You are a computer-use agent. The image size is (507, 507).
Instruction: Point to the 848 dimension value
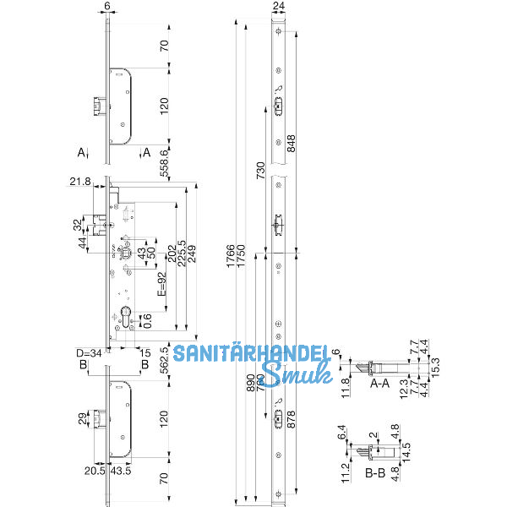[x=292, y=144]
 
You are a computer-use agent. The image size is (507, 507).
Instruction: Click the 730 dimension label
[x=261, y=169]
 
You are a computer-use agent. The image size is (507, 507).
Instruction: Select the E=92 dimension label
[x=161, y=286]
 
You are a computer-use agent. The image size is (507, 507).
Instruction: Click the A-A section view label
[x=381, y=383]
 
